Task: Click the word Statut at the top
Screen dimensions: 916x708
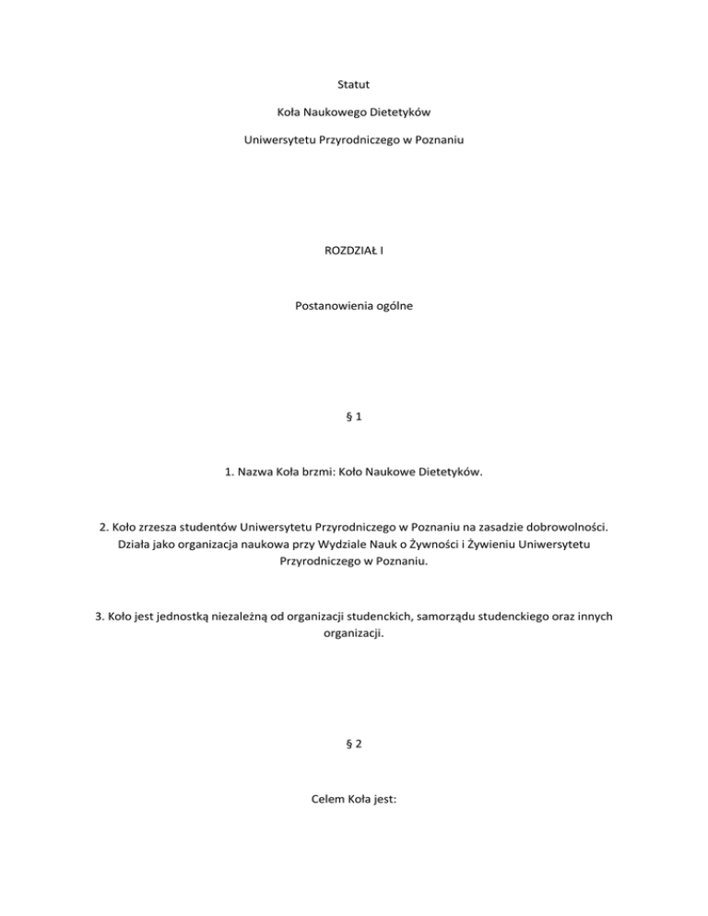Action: (x=354, y=86)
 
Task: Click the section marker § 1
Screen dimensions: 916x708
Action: (x=354, y=416)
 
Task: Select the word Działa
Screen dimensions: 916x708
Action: (x=138, y=544)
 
